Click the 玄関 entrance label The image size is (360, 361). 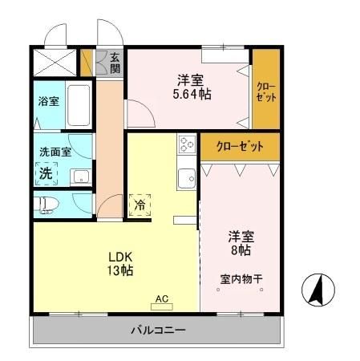pyautogui.click(x=115, y=62)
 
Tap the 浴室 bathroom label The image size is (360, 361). pyautogui.click(x=49, y=102)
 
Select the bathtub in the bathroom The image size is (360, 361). pyautogui.click(x=78, y=103)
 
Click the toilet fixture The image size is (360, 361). pyautogui.click(x=50, y=203)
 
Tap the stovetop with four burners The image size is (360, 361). pyautogui.click(x=187, y=144)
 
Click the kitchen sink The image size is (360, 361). pyautogui.click(x=187, y=177)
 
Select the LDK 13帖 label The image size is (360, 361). pyautogui.click(x=121, y=264)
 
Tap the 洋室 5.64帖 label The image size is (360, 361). pyautogui.click(x=190, y=87)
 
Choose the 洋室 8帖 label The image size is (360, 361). pyautogui.click(x=240, y=243)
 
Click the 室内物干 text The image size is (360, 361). pyautogui.click(x=241, y=279)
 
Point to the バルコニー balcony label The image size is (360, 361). pyautogui.click(x=158, y=331)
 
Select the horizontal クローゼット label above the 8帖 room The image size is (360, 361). pyautogui.click(x=238, y=147)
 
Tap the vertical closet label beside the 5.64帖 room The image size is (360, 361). pyautogui.click(x=265, y=91)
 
